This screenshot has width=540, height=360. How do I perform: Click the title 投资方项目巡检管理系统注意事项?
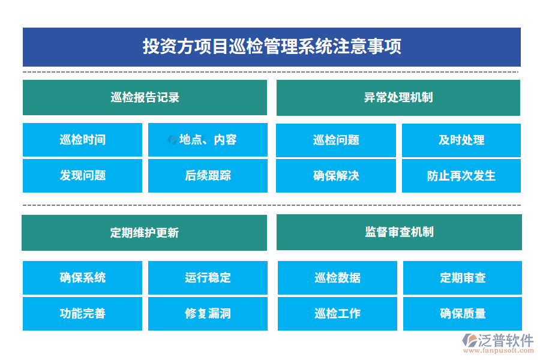272,47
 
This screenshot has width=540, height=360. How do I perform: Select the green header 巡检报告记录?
145,97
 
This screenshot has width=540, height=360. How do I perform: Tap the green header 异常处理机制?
398,98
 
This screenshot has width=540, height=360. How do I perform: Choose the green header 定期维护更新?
144,233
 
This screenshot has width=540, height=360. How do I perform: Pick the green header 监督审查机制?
399,232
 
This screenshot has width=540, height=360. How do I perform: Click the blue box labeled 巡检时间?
82,140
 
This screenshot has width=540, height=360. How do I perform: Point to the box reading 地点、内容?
208,140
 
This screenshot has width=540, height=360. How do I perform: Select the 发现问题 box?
82,176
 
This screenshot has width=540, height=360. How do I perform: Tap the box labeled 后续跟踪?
208,176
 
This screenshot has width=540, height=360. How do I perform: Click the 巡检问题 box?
336,140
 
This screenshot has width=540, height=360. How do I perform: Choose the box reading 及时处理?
461,140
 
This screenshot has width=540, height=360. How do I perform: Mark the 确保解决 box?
336,176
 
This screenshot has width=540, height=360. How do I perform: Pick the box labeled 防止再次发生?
461,176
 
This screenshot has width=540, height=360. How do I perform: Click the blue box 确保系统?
82,278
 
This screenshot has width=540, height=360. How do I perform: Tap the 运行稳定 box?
208,278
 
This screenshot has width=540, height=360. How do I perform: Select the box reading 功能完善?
82,314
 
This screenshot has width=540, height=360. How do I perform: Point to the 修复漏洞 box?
208,314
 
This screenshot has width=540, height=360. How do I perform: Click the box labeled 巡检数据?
337,278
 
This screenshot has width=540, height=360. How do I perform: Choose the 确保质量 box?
463,314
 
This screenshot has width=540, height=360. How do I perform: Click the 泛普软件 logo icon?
469,340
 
